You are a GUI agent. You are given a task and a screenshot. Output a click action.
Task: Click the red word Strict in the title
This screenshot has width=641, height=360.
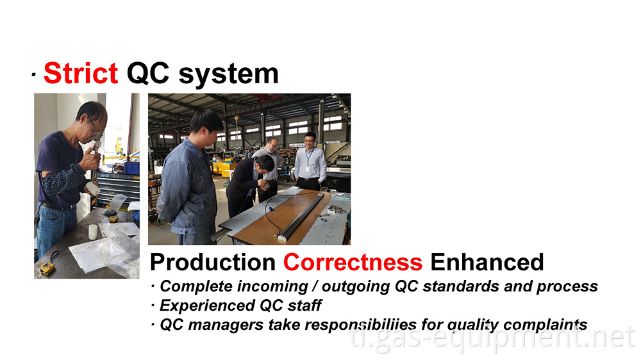[81, 74]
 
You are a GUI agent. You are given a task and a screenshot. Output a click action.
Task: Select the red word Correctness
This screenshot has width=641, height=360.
[353, 262]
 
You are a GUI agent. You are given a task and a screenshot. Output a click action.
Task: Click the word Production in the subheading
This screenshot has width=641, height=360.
[212, 262]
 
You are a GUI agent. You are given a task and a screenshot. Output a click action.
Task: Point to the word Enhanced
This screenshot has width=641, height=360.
[487, 262]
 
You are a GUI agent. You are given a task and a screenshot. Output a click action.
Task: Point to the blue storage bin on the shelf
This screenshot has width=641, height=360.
[132, 167]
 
